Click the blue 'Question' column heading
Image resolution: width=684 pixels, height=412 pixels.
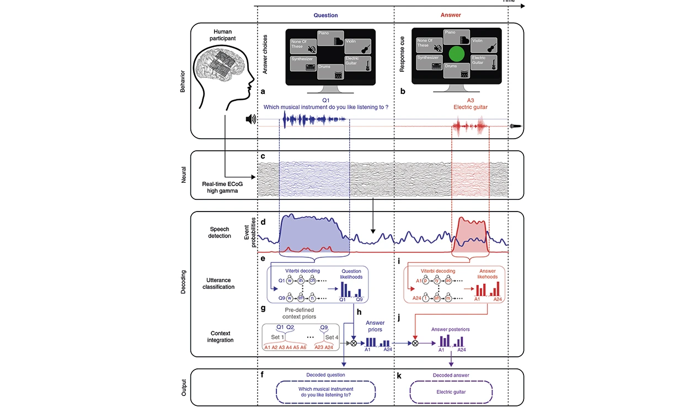coord(325,15)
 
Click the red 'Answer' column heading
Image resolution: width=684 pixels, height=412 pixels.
coord(451,15)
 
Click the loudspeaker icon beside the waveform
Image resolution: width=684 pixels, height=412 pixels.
coord(251,119)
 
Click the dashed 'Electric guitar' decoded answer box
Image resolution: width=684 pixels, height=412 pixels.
coord(451,392)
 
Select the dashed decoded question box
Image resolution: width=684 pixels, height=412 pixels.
coord(325,392)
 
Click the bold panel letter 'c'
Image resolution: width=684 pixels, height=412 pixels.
coord(263,156)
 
